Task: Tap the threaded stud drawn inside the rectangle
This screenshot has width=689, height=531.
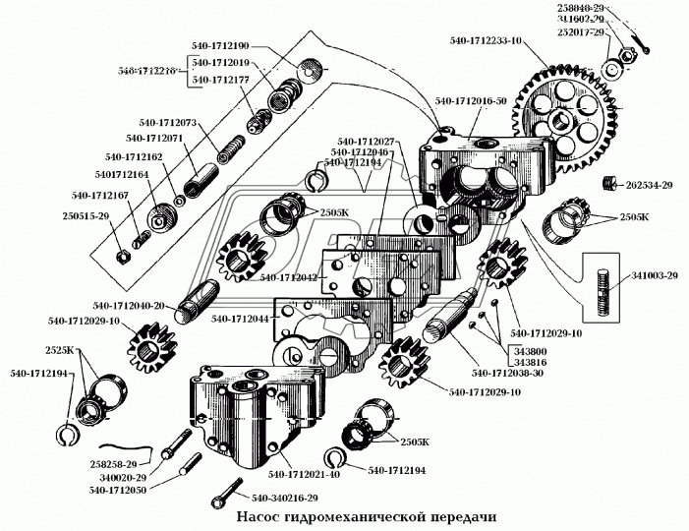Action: [603, 285]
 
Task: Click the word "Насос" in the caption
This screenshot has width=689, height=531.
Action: [263, 516]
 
